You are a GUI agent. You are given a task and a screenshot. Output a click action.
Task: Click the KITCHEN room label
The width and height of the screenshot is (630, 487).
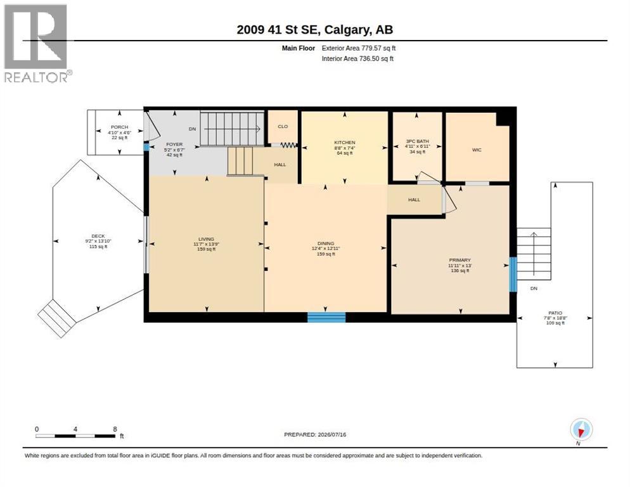345,143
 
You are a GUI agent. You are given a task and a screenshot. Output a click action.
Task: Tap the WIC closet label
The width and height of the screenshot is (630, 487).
477,150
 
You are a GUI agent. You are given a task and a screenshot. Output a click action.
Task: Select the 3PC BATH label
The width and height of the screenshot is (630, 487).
418,141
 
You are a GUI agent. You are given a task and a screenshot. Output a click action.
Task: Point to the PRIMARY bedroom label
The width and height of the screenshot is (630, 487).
460,260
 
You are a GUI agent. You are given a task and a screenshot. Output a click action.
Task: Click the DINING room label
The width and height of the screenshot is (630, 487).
325,243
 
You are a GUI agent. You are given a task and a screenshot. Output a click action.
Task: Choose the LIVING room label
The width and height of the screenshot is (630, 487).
206,239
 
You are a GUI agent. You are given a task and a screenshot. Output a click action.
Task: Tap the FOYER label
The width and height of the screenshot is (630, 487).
174,145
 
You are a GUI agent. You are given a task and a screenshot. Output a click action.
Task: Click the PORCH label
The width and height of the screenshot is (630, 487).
119,127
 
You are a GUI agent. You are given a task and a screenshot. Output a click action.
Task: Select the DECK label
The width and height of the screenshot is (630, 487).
98,236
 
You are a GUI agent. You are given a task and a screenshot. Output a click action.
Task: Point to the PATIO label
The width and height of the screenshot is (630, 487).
555,313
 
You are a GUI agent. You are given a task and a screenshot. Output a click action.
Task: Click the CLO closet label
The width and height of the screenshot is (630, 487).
283,126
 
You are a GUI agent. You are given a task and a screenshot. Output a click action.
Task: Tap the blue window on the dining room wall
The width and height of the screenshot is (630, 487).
326,317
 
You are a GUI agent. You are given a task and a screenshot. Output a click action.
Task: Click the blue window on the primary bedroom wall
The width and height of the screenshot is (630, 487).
513,275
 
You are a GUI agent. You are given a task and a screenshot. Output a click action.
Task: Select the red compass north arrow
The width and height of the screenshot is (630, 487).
581,432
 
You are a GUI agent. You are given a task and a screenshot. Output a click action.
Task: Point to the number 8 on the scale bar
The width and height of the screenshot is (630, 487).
115,429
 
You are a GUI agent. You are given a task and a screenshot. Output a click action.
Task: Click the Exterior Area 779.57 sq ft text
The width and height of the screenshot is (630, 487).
358,48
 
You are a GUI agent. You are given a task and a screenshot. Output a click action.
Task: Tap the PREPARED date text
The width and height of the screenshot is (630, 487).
315,434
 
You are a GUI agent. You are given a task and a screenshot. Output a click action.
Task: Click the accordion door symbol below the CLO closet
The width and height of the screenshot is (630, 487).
288,145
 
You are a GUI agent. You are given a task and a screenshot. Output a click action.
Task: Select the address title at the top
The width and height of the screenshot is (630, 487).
315,30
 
